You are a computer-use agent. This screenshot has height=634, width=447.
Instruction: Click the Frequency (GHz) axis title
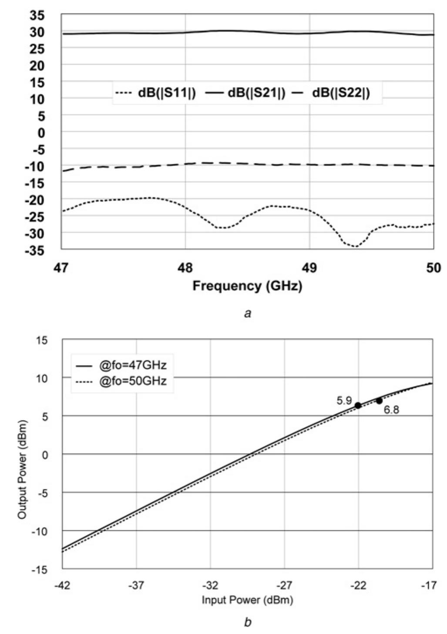click(247, 286)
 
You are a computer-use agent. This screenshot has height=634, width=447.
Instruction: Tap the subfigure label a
click(247, 313)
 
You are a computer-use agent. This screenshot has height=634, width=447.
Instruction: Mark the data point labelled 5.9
click(358, 405)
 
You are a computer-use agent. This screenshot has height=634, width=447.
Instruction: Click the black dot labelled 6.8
click(379, 401)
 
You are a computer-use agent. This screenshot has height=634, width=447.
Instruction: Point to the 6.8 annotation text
click(391, 410)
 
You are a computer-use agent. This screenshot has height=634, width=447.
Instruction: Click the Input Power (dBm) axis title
click(247, 600)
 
